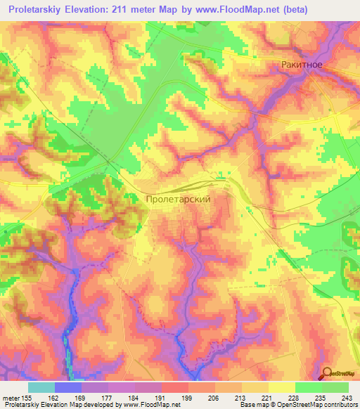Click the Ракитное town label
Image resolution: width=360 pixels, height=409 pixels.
[x=302, y=65]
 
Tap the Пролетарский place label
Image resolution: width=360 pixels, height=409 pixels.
[x=179, y=200]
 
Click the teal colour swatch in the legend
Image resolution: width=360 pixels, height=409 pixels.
[x=41, y=387]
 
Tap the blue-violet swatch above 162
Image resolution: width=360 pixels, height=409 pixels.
[x=68, y=387]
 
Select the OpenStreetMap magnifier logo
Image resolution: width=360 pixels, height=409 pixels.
[x=328, y=374]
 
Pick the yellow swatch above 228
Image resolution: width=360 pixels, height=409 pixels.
[x=282, y=387]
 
